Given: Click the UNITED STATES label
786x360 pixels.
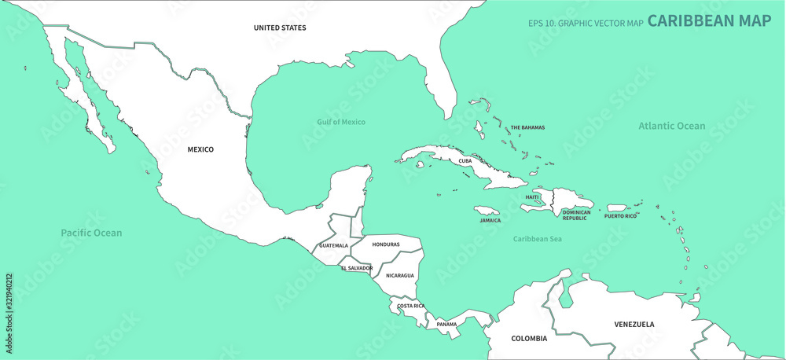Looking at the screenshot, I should coord(280,28).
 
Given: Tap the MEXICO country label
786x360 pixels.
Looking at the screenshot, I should coord(200,149).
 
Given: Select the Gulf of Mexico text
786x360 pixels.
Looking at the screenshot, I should coord(341,122).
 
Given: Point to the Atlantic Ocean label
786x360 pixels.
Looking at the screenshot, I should coord(671,126).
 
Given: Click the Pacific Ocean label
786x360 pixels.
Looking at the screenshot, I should coord(92,233).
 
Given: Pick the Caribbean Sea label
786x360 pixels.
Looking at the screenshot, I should coord(537,238).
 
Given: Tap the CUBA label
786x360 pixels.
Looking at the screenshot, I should coord(465,160).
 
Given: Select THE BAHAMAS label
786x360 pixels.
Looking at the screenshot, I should coord(527,127).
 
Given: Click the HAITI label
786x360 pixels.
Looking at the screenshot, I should coord(532,197).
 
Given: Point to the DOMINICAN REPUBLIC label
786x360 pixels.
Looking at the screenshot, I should coord(576,215).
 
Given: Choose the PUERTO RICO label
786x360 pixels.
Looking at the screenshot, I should coord(620,215).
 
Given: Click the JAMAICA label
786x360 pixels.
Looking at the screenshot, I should coord(490,220).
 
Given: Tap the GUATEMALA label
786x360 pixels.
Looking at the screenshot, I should coord(333,245).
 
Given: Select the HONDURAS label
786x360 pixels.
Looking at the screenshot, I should coord(386,244).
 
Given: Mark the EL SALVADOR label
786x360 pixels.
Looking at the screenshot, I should coord(357,268).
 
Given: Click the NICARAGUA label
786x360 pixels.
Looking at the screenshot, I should coord(399,275).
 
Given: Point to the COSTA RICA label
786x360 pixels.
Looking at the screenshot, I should coord(411,305).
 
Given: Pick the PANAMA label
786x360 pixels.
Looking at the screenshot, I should coord(446,324).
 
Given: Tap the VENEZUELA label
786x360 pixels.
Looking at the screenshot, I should coord(634,324).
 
